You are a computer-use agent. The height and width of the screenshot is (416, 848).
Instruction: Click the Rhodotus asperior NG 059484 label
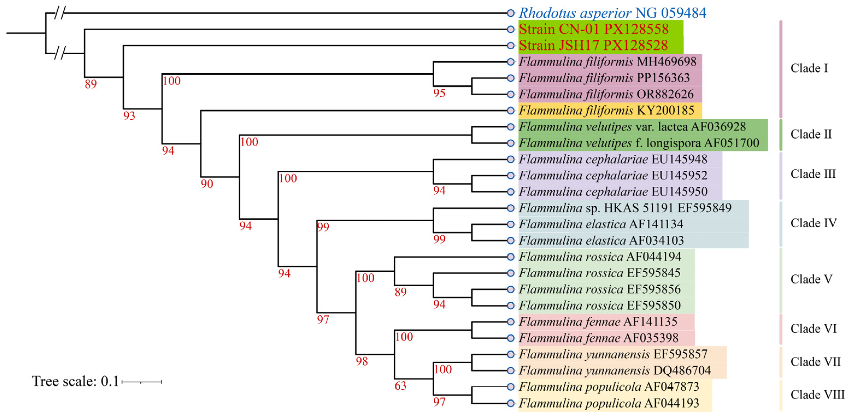click(612, 13)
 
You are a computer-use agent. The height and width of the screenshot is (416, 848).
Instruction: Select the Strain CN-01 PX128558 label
click(593, 29)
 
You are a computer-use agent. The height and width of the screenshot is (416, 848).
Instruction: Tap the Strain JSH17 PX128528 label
click(593, 45)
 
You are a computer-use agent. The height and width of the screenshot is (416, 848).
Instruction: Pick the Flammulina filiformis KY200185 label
click(606, 110)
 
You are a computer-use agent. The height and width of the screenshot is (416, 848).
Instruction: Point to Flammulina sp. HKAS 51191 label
click(625, 208)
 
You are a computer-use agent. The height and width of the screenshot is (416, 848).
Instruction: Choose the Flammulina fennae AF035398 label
click(598, 338)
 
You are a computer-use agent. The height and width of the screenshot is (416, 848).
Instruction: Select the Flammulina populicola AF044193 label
click(609, 403)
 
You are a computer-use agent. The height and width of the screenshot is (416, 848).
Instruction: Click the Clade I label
click(809, 68)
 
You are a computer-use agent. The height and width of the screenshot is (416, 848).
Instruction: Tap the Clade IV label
click(813, 223)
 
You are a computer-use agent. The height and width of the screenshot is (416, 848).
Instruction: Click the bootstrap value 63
click(400, 386)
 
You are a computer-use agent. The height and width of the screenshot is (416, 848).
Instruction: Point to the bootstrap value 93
click(129, 116)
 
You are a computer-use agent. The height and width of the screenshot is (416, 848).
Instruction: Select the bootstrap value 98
click(361, 361)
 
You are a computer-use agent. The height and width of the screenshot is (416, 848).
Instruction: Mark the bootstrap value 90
click(207, 184)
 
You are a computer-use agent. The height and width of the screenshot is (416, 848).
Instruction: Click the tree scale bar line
click(142, 382)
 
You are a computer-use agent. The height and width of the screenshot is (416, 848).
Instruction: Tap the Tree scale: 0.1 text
click(75, 381)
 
